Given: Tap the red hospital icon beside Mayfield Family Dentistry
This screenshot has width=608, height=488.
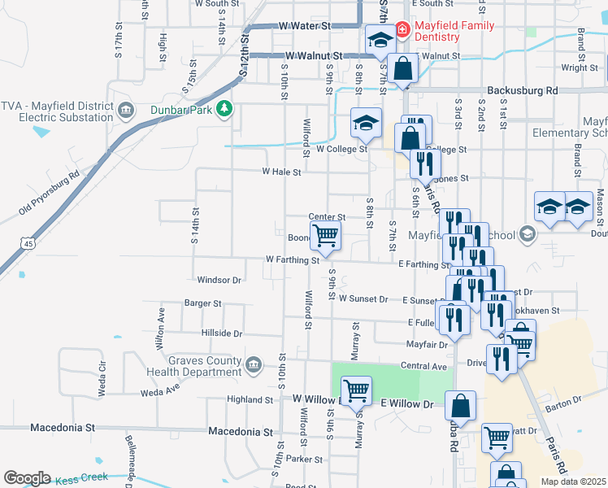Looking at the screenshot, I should (x=402, y=30).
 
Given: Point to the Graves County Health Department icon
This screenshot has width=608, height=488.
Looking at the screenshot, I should (x=253, y=362).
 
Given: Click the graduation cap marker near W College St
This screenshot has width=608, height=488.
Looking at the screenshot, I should (x=366, y=124).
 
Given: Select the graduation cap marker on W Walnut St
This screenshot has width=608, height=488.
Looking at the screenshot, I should (x=380, y=38).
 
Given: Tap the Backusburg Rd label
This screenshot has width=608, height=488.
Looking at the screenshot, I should (x=522, y=90).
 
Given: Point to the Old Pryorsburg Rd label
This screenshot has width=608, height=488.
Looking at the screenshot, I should (x=50, y=194).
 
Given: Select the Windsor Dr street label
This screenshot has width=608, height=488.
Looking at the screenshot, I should (x=219, y=280).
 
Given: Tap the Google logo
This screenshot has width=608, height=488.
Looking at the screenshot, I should (x=27, y=478).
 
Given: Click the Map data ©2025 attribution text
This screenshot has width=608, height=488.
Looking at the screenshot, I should (x=572, y=481).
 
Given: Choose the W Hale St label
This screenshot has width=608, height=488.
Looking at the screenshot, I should (x=281, y=172).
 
